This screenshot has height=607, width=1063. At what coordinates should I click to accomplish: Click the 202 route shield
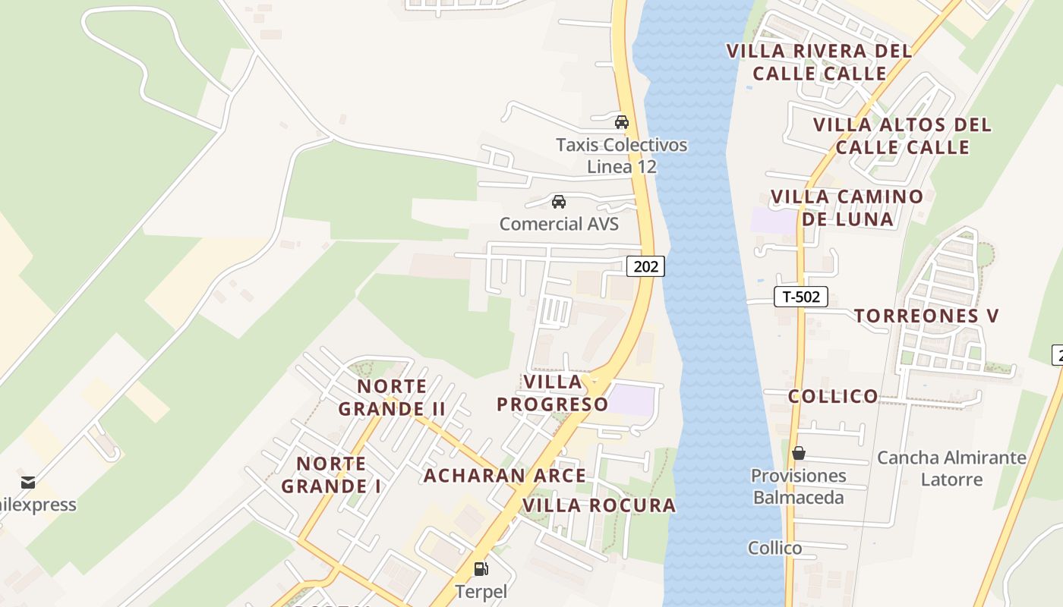click(x=645, y=266)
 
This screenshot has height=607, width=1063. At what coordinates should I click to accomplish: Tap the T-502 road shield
click(x=800, y=297)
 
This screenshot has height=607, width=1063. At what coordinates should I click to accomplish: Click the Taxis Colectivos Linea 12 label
click(x=621, y=156)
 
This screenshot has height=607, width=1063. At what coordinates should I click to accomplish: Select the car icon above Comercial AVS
click(x=559, y=202)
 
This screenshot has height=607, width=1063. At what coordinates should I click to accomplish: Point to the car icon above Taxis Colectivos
click(x=622, y=121)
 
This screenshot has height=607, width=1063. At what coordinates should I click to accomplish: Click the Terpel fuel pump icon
click(x=481, y=568)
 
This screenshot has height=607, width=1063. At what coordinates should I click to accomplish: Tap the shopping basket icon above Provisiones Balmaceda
click(x=798, y=453)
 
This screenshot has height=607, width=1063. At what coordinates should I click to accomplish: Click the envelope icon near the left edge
click(x=28, y=482)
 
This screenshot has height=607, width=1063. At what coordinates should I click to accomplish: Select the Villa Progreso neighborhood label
click(x=553, y=393)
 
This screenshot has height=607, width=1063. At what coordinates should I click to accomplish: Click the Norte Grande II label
click(x=392, y=398)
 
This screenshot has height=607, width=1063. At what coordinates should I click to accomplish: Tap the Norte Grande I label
click(x=331, y=475)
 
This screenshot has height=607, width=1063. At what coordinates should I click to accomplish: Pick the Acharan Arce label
click(x=504, y=476)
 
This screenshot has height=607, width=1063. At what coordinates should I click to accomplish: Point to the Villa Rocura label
click(x=599, y=505)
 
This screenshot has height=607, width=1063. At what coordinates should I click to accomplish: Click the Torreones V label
click(x=926, y=316)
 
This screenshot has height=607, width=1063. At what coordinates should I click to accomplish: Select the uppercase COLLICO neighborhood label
click(x=833, y=396)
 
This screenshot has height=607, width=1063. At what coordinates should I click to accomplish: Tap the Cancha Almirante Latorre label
click(x=951, y=468)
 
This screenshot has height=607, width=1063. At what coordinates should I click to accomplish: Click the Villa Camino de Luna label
click(x=847, y=208)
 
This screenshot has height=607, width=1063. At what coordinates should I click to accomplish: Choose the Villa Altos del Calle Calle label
click(x=902, y=136)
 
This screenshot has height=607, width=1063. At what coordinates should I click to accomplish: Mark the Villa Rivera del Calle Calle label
click(x=819, y=62)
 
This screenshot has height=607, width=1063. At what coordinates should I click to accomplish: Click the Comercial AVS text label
click(x=559, y=224)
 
